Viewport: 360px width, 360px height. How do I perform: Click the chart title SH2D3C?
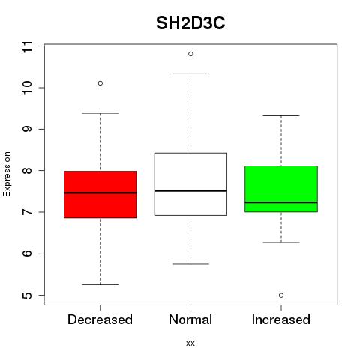[190, 23]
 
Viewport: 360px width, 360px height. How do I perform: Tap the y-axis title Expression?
[7, 174]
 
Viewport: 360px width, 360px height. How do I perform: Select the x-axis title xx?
[190, 343]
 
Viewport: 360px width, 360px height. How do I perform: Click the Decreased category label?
[100, 319]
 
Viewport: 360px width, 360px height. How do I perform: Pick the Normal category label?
[190, 319]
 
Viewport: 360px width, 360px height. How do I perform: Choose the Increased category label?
[281, 319]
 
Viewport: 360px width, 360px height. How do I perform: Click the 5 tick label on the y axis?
[27, 295]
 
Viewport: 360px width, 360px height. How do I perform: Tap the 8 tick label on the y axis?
[27, 171]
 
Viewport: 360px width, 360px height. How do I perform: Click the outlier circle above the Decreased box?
[100, 83]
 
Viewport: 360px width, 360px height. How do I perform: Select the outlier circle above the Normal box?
[190, 54]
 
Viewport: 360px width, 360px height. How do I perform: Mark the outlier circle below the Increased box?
[281, 295]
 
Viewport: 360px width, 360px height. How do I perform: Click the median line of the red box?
[100, 193]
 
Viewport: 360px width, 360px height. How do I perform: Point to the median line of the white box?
[190, 190]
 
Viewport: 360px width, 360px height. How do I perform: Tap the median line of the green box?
[281, 202]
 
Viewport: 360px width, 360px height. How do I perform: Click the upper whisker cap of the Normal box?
[190, 73]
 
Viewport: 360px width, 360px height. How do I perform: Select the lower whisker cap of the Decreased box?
[100, 284]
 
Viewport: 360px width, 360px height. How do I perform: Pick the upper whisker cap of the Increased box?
[281, 115]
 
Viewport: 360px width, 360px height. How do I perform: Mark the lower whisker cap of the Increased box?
[281, 242]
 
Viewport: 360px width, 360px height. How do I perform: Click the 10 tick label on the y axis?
[27, 88]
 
